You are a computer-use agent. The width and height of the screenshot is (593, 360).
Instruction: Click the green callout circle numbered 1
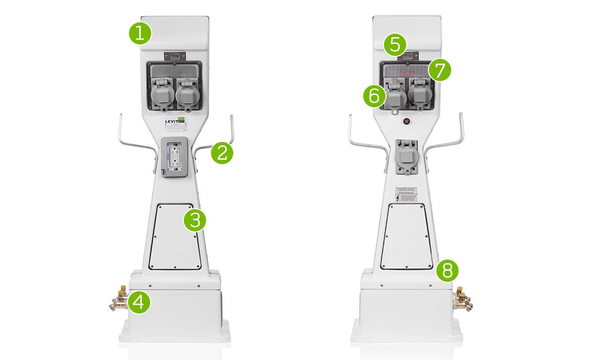140,33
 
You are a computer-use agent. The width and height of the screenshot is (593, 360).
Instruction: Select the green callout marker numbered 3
195,220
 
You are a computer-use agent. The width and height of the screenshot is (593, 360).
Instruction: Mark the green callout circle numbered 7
439,70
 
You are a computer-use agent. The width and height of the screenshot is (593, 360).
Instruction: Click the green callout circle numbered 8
447,270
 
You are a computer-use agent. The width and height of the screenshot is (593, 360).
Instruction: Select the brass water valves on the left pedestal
118,301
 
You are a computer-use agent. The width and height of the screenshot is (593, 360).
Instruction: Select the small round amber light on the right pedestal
407,121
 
